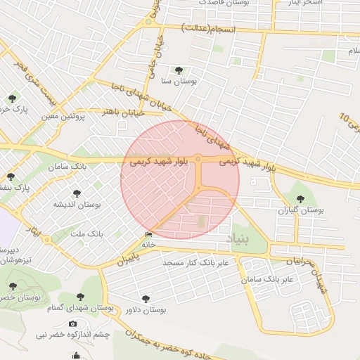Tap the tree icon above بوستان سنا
tap(178, 70)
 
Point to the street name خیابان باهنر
tap(123, 112)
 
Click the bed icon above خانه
tap(148, 235)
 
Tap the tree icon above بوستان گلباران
tap(301, 199)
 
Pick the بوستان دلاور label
tap(145, 309)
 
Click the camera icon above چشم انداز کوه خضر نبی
tap(72, 323)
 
